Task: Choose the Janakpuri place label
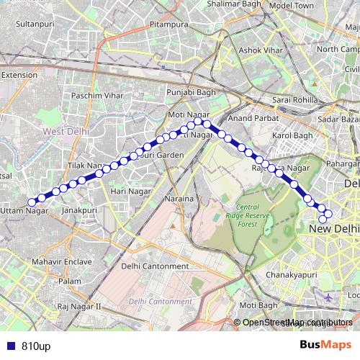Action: [x=79, y=210]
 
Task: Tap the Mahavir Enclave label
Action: [x=65, y=261]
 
